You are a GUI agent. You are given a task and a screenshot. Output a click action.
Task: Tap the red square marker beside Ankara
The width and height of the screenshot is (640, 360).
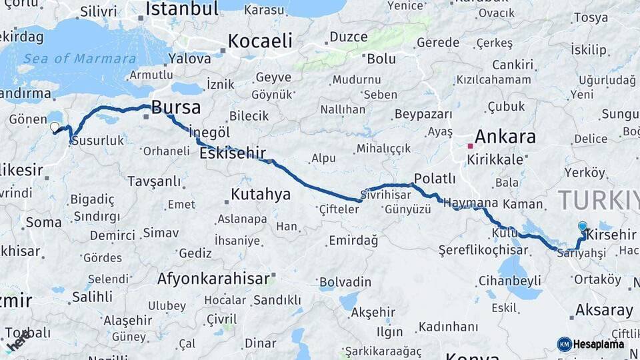click(x=470, y=145)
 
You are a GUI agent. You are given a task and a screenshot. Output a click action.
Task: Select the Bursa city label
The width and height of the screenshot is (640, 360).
click(x=176, y=107)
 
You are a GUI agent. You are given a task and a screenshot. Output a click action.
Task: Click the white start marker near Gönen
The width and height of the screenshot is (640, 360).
click(x=54, y=127)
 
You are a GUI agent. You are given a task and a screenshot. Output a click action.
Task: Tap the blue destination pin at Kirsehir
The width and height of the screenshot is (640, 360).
click(x=583, y=227)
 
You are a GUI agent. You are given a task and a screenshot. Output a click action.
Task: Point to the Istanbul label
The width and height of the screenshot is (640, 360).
click(x=182, y=9)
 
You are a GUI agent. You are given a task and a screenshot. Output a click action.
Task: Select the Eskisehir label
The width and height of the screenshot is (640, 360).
click(x=233, y=153)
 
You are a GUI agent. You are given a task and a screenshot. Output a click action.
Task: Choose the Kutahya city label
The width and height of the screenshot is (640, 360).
click(x=261, y=194)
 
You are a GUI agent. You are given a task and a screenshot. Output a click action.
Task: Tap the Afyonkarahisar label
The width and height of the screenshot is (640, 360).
click(x=213, y=278)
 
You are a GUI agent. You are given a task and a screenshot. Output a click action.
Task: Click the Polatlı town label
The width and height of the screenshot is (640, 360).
click(x=435, y=178)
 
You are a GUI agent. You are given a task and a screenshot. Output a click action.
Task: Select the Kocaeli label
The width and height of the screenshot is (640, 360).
click(x=260, y=41)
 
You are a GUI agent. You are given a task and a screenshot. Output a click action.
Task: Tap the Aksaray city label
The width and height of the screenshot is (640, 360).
click(x=604, y=310)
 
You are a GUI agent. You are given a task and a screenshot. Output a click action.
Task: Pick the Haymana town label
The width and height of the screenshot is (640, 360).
click(x=471, y=203)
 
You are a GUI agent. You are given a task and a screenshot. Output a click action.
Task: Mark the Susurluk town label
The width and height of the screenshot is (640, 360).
click(x=97, y=141)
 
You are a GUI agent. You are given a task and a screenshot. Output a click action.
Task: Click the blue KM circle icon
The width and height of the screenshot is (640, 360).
click(x=565, y=344)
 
